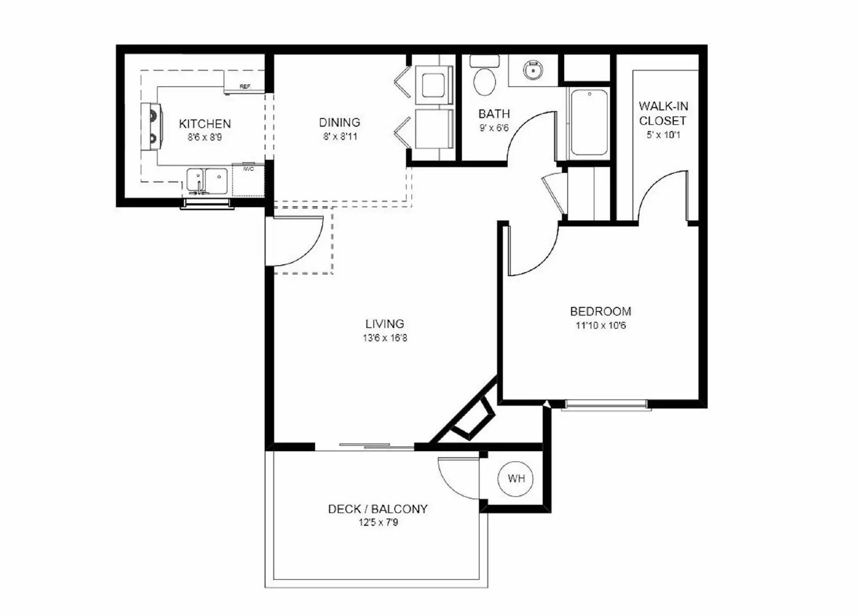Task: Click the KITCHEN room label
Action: click(205, 124)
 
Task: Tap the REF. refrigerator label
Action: click(245, 87)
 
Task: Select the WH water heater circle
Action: click(515, 478)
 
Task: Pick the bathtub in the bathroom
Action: click(589, 122)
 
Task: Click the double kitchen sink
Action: click(207, 181)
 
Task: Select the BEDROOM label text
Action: click(601, 311)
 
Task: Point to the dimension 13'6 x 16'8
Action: click(384, 338)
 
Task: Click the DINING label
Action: click(339, 123)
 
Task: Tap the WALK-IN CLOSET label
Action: click(663, 113)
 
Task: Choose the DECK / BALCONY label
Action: click(378, 509)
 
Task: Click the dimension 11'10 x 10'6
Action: click(601, 326)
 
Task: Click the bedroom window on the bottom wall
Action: click(606, 404)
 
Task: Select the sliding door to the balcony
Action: click(365, 446)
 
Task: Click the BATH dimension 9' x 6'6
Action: click(494, 128)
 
